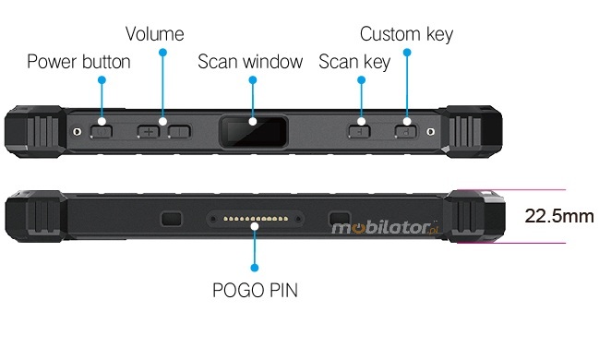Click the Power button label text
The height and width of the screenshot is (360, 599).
pyautogui.click(x=78, y=62)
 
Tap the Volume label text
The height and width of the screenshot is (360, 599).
pyautogui.click(x=155, y=34)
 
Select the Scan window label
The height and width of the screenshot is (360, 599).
pyautogui.click(x=250, y=62)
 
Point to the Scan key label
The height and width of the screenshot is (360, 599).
pyautogui.click(x=354, y=62)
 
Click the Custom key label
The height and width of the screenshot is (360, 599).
pyautogui.click(x=406, y=34)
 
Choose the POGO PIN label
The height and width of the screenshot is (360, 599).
pyautogui.click(x=255, y=290)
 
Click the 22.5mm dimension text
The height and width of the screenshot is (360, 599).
pyautogui.click(x=559, y=216)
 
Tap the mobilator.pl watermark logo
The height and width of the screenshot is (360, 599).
pyautogui.click(x=385, y=228)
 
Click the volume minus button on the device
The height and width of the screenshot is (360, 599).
pyautogui.click(x=179, y=132)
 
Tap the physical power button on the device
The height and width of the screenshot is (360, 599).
pyautogui.click(x=102, y=132)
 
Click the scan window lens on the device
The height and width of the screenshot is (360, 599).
pyautogui.click(x=253, y=132)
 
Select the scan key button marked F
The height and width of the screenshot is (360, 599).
pyautogui.click(x=359, y=132)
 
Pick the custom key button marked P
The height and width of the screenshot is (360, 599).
pyautogui.click(x=406, y=132)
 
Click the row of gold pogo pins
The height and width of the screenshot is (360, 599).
pyautogui.click(x=256, y=219)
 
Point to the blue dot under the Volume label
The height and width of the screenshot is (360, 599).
pyautogui.click(x=162, y=53)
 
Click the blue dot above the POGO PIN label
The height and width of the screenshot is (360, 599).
pyautogui.click(x=255, y=268)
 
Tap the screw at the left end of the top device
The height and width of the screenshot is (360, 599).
pyautogui.click(x=78, y=132)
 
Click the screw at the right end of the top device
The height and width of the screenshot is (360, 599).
pyautogui.click(x=430, y=132)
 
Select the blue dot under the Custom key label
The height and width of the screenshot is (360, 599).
pyautogui.click(x=407, y=53)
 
